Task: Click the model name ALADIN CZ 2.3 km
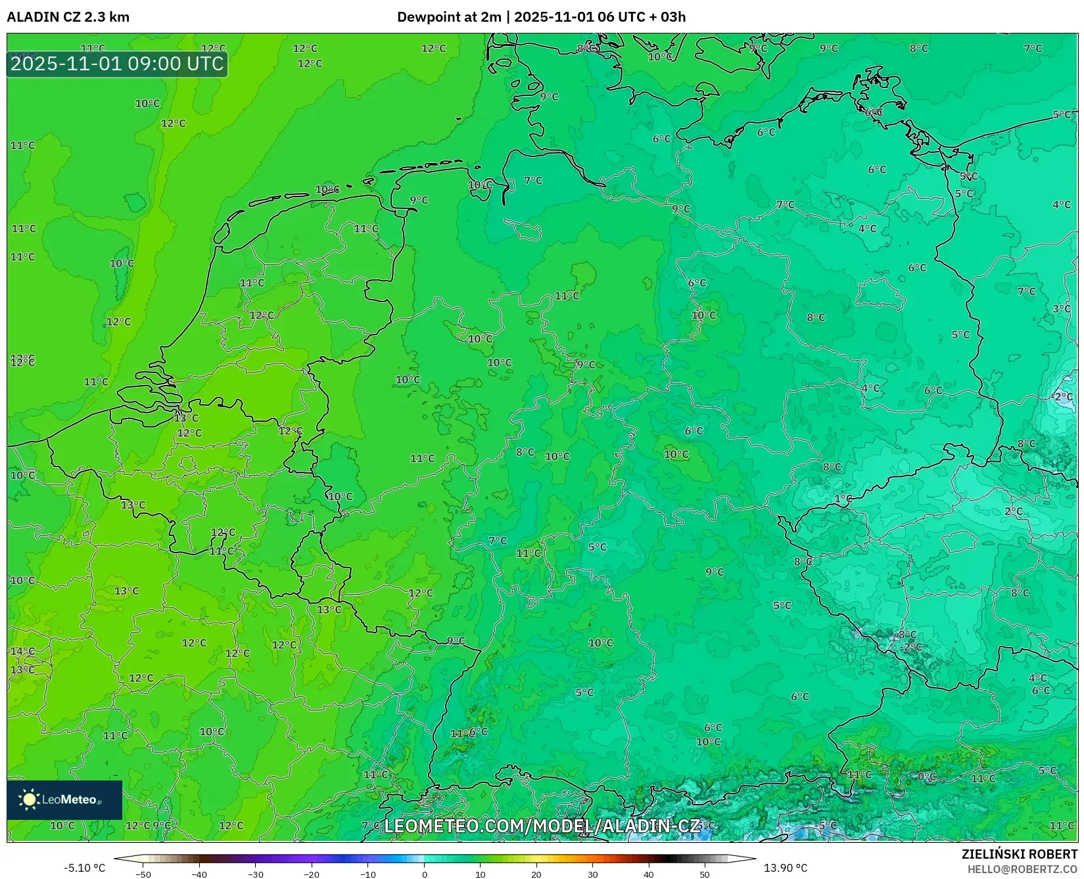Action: coord(68,17)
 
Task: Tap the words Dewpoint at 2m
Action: coord(448,17)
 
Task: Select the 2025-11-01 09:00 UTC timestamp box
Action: coord(117,64)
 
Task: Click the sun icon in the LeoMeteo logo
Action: coord(29,799)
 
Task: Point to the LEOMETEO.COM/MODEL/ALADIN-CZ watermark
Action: coord(542,826)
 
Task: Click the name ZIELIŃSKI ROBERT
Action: coord(1020,854)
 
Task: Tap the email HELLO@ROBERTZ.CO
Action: coord(1022,869)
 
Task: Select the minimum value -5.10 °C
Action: coord(84,868)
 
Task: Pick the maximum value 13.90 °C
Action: coord(786,868)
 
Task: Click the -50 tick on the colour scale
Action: coord(143,874)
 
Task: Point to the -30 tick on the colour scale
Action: coord(256,874)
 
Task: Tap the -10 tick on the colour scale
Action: coord(368,874)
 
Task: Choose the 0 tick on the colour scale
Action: coord(424,874)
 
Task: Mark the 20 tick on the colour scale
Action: coord(536,874)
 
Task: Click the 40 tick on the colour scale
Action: coord(649,874)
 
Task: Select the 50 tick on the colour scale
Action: coord(705,874)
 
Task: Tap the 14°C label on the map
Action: coord(22,651)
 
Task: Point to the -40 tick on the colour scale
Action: coord(199,874)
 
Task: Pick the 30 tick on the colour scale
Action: coord(593,874)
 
